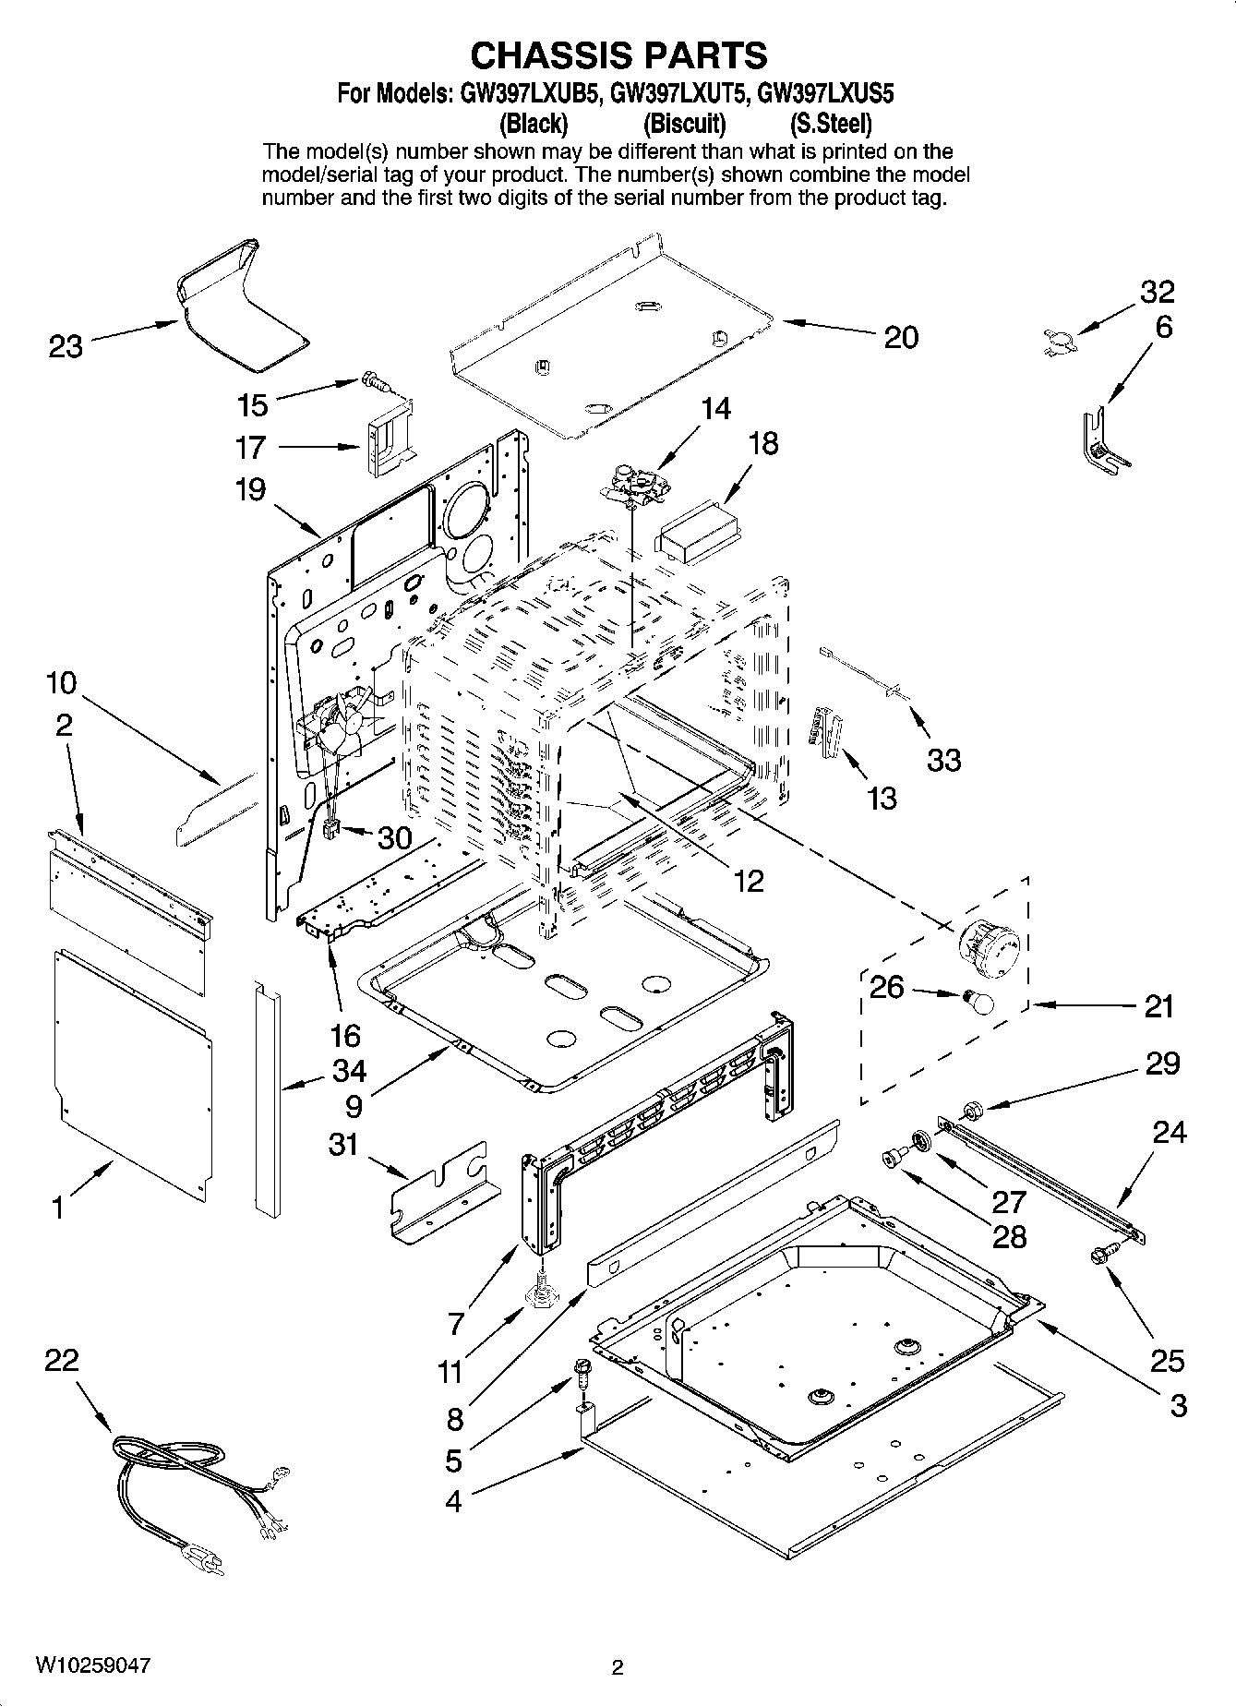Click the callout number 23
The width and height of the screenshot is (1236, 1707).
point(66,348)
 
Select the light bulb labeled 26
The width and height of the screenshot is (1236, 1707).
point(978,1001)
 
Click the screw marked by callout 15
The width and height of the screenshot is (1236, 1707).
point(374,379)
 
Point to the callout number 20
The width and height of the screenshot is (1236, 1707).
point(901,338)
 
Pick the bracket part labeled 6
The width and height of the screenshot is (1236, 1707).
point(1099,440)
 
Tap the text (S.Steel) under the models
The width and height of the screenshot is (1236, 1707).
point(830,123)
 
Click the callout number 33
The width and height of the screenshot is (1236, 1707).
point(943,760)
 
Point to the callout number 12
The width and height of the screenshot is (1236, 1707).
point(749,881)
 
